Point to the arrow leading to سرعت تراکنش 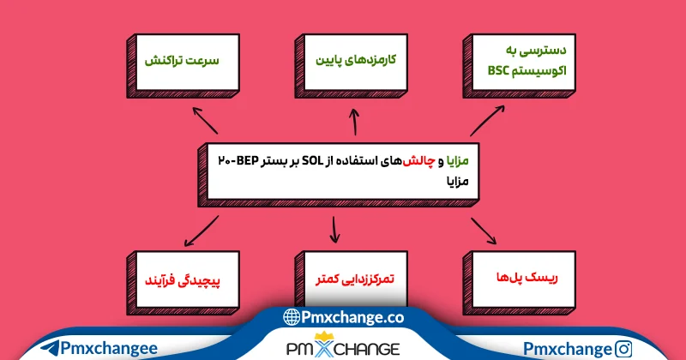[x=206, y=121]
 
